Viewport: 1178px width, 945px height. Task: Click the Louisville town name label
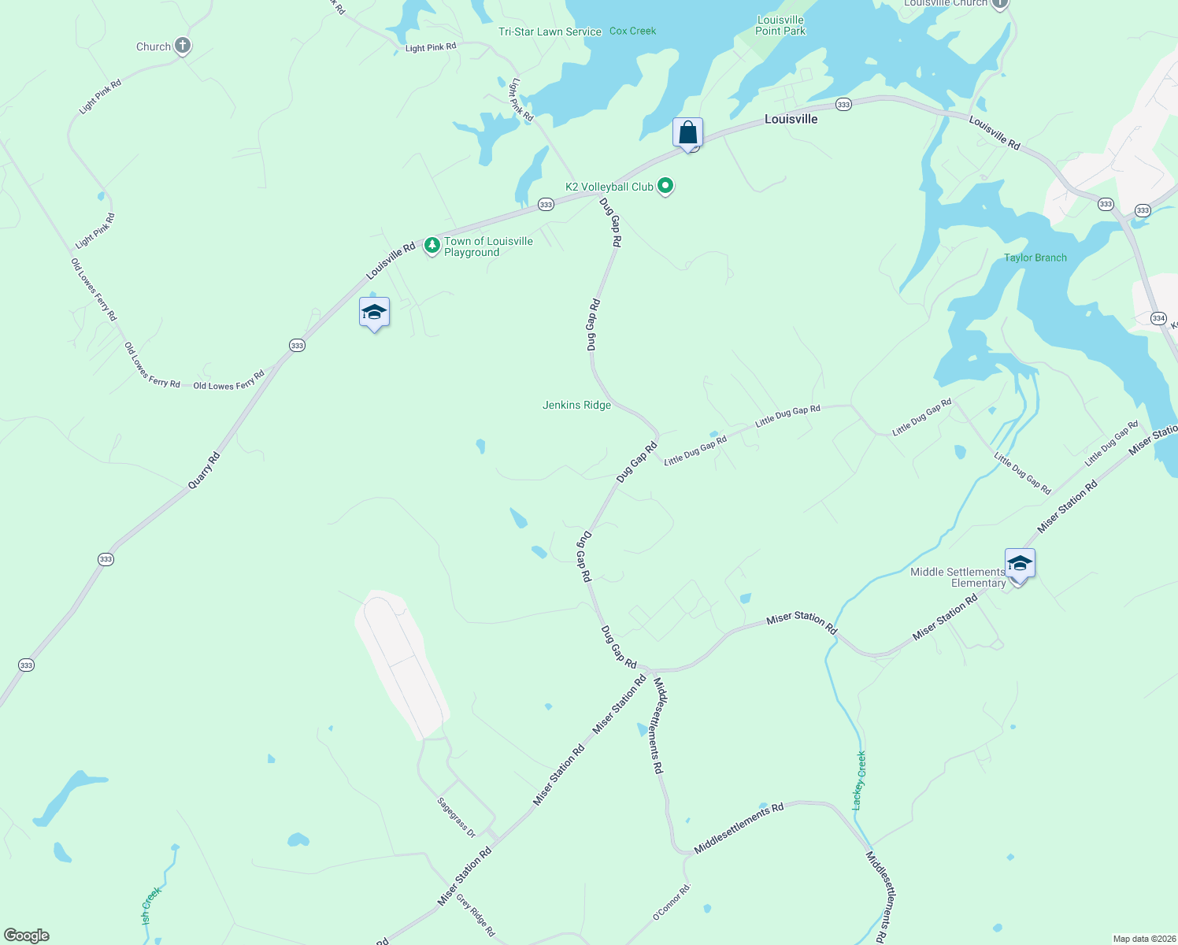click(791, 119)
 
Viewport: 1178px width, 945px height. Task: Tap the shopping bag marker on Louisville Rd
click(687, 133)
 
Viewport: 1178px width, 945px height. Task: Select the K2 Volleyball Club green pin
click(665, 186)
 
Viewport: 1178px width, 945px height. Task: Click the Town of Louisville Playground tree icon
click(432, 246)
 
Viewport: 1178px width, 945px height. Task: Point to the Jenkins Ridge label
click(576, 405)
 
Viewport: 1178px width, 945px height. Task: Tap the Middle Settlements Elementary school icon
click(1019, 564)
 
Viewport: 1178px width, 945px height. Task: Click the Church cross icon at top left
click(183, 46)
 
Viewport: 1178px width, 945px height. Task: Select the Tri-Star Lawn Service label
click(550, 31)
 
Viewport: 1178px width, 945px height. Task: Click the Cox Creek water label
click(632, 31)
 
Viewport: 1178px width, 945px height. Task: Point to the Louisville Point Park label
click(780, 25)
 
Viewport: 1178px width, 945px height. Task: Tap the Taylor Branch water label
click(1035, 258)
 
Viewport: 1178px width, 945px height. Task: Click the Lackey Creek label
click(860, 780)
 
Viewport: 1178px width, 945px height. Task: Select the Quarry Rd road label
click(204, 470)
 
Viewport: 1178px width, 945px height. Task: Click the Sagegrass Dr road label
click(457, 817)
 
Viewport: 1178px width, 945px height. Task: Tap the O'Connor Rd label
click(671, 902)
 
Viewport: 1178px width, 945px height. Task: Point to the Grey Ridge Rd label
click(476, 917)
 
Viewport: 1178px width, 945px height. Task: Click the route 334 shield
click(1158, 318)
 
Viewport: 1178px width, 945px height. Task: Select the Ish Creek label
click(150, 906)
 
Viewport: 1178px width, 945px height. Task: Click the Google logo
click(27, 936)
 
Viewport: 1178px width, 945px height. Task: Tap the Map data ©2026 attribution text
click(1143, 939)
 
